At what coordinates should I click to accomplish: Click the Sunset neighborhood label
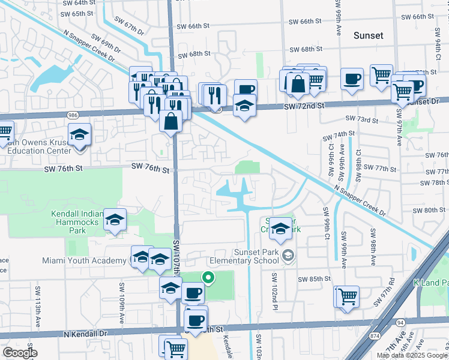tap(368, 35)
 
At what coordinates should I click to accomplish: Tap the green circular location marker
tap(208, 277)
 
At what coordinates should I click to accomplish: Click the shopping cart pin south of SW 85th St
tap(346, 296)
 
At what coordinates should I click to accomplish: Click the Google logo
tap(20, 353)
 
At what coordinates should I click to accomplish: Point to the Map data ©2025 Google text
tap(411, 355)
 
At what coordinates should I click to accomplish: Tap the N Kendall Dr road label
tap(86, 333)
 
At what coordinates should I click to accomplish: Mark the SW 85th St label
tap(316, 279)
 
